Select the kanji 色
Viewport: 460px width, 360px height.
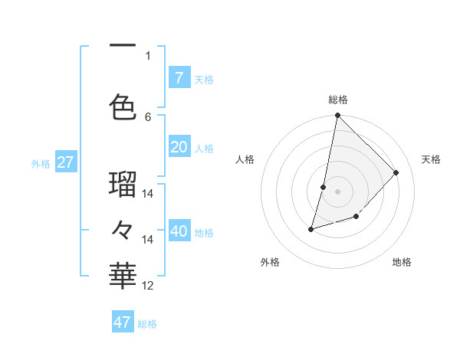pos(123,106)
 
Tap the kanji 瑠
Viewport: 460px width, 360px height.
pos(123,185)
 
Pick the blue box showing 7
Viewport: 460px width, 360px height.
pos(179,77)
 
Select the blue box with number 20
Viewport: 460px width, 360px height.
pos(179,148)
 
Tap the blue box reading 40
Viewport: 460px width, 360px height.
pos(179,231)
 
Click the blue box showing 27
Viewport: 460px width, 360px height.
pos(65,162)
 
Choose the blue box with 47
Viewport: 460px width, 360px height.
pos(123,322)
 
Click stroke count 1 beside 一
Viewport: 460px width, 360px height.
pos(148,55)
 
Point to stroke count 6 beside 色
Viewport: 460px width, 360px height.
pos(148,116)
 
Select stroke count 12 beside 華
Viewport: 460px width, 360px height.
pos(148,286)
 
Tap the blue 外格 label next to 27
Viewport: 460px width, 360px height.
pos(41,163)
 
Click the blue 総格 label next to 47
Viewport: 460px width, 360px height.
pos(147,324)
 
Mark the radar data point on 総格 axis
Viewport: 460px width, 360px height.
pos(337,116)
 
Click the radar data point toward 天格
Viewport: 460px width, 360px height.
pos(396,172)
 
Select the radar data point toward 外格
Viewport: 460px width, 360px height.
pos(310,229)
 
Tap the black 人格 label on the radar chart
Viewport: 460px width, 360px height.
pos(245,159)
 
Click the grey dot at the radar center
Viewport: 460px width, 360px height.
pos(337,191)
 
